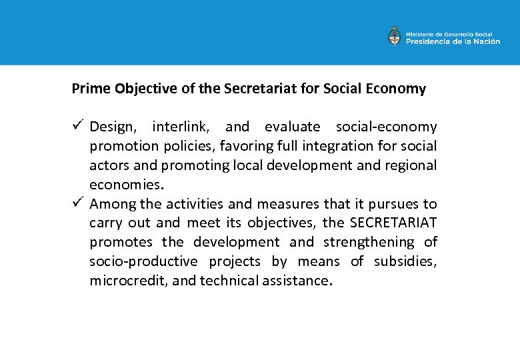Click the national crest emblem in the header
click(395, 36)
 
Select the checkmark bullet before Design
click(77, 126)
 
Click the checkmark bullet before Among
click(77, 203)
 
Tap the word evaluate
click(292, 127)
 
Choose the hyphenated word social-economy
click(386, 127)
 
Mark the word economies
click(126, 185)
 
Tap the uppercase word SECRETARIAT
click(393, 223)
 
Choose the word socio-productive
click(143, 262)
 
